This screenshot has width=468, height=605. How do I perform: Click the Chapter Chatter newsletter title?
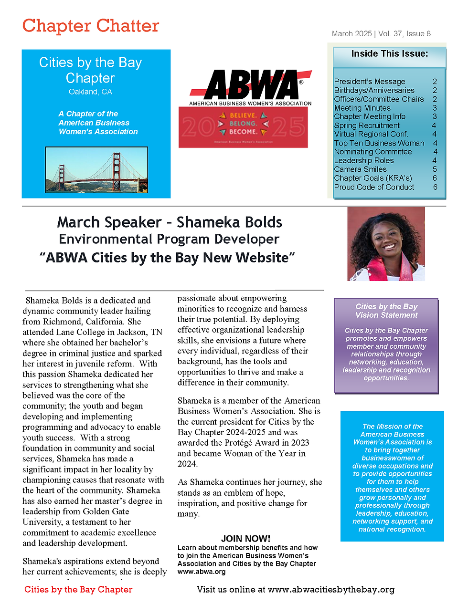pyautogui.click(x=91, y=26)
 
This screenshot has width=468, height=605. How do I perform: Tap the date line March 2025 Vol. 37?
pyautogui.click(x=381, y=34)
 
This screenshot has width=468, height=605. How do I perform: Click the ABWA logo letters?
pyautogui.click(x=252, y=85)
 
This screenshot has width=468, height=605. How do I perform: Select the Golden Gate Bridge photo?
pyautogui.click(x=96, y=169)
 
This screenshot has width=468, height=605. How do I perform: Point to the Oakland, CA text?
pyautogui.click(x=90, y=92)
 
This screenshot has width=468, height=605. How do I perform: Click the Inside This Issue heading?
pyautogui.click(x=390, y=54)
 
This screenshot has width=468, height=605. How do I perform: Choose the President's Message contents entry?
pyautogui.click(x=370, y=82)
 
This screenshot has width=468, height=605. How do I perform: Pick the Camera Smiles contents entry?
pyautogui.click(x=361, y=169)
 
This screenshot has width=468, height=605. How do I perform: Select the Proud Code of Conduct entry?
pyautogui.click(x=374, y=187)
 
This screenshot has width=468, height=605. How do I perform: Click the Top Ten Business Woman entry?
pyautogui.click(x=379, y=143)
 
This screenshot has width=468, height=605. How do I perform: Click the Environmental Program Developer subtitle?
pyautogui.click(x=169, y=239)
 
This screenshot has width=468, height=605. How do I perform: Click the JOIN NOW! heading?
pyautogui.click(x=245, y=539)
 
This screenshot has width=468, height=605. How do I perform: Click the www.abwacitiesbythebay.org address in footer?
pyautogui.click(x=331, y=590)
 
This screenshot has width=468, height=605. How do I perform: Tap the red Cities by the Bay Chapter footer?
pyautogui.click(x=78, y=590)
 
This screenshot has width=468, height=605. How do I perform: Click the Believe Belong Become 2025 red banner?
pyautogui.click(x=243, y=127)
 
